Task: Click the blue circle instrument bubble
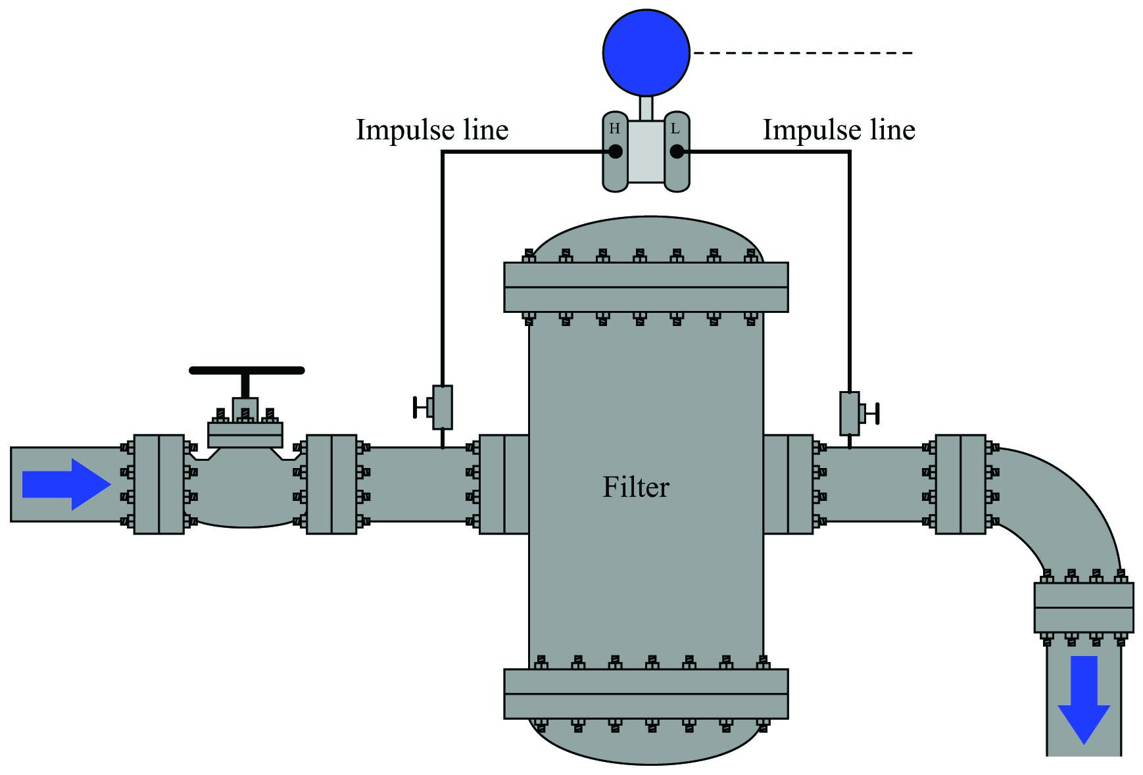tap(646, 53)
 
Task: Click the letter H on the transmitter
tap(614, 129)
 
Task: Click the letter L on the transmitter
tap(675, 129)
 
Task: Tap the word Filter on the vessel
tap(636, 487)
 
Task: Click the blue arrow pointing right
tap(66, 484)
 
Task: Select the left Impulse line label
tap(432, 130)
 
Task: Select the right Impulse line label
tap(839, 130)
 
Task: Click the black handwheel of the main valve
tap(247, 371)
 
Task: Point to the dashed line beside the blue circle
tap(803, 53)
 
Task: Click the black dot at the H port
tap(615, 152)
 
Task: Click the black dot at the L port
tap(677, 152)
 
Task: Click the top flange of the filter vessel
tap(646, 287)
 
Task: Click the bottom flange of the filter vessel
tap(646, 694)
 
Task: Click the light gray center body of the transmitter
tap(646, 152)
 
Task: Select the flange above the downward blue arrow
tap(1084, 608)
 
